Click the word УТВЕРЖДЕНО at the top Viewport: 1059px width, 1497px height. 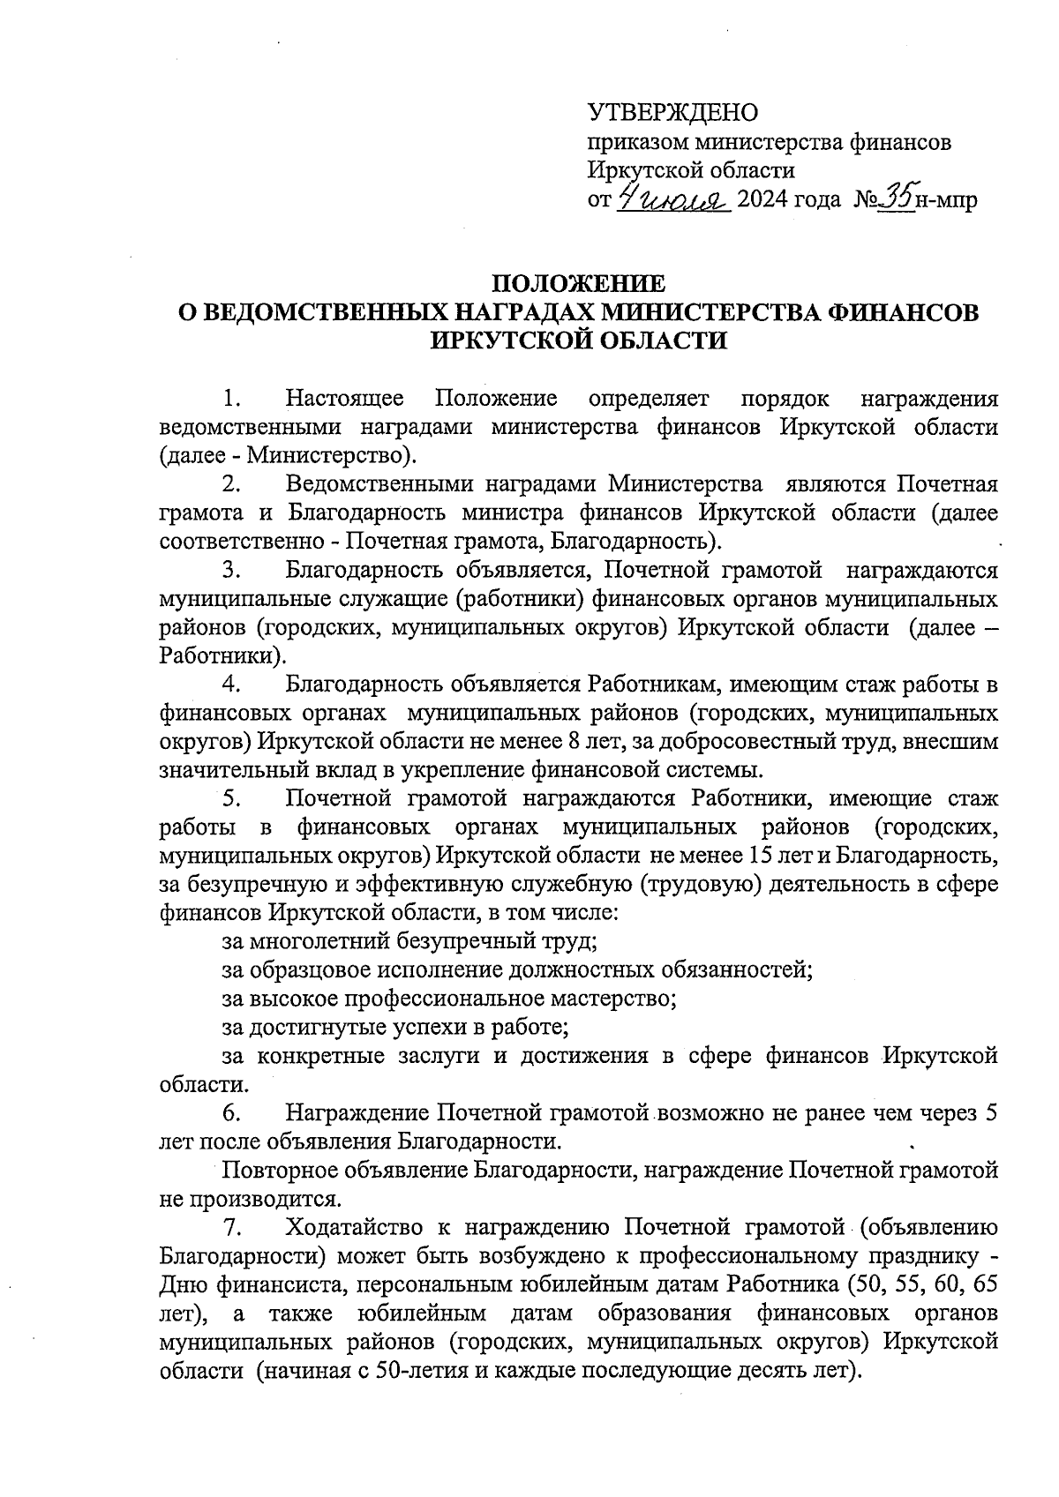pos(672,113)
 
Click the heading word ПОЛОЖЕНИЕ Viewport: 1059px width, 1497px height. pos(578,284)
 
